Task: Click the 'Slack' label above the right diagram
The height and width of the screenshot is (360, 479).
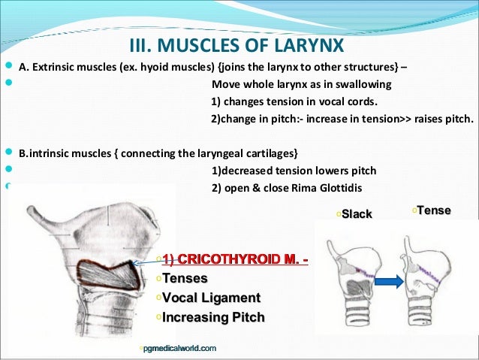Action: click(357, 214)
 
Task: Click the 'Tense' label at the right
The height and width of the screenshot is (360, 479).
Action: click(433, 210)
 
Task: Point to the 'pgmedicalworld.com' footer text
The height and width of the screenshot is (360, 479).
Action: click(180, 348)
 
